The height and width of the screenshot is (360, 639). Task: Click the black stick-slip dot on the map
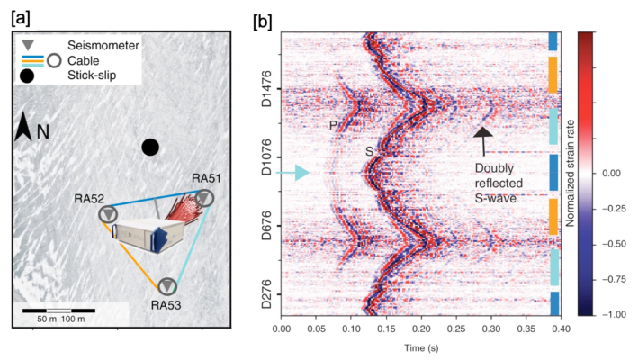150,147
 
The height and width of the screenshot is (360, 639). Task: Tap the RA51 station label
207,179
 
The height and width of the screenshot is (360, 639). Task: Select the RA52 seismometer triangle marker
109,214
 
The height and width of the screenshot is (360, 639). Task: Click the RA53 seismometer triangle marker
167,285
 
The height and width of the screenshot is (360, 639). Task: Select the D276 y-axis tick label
268,297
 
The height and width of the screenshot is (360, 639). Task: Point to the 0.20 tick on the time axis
422,330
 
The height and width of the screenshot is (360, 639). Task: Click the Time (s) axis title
422,347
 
